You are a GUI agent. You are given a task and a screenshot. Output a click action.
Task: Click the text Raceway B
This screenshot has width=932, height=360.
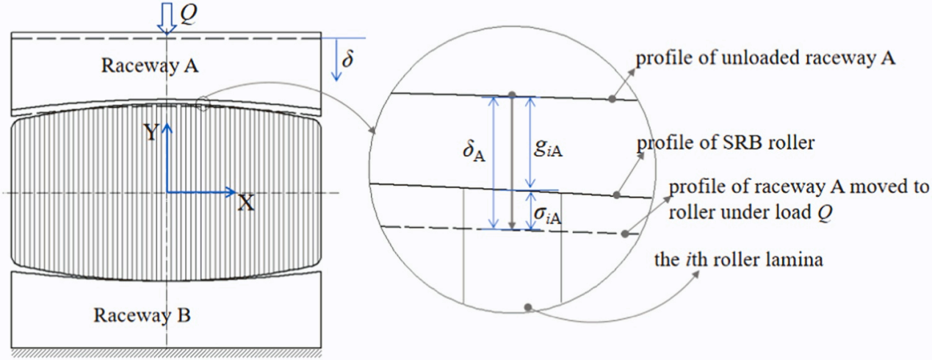(x=142, y=316)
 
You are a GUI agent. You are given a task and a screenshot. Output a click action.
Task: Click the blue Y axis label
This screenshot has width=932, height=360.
(x=151, y=133)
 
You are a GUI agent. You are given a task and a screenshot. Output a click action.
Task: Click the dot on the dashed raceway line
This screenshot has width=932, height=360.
(x=624, y=234)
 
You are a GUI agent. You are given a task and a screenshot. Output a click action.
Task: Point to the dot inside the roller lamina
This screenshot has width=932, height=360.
(x=527, y=306)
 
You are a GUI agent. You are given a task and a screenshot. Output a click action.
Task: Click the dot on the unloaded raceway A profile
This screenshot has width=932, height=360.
(x=613, y=98)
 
